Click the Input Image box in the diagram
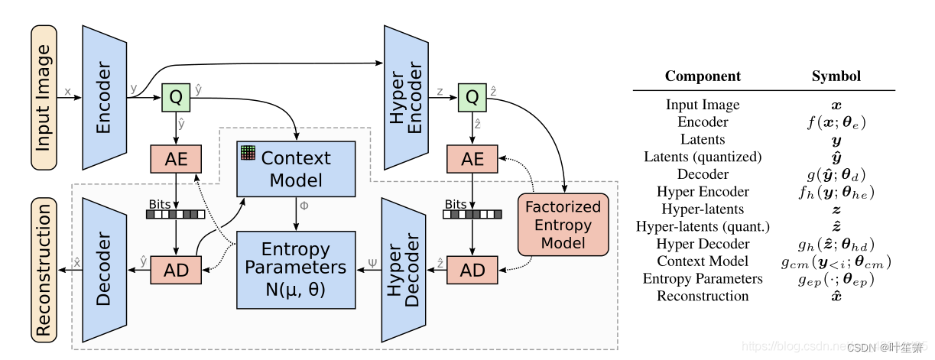pos(44,97)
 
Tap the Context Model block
pos(296,169)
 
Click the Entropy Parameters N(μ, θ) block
pos(296,269)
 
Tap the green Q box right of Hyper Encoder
pos(472,97)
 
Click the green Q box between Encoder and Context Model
pos(176,97)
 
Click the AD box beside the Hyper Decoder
pos(472,270)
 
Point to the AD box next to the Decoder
pos(176,270)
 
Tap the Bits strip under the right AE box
pos(472,214)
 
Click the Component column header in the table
pos(703,76)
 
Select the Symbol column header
pos(836,76)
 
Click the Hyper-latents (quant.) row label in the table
pos(703,226)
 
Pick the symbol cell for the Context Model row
pos(836,261)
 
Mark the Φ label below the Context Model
pos(304,206)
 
